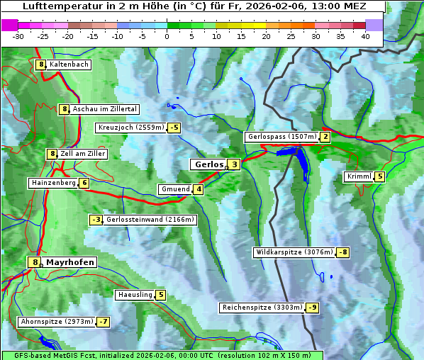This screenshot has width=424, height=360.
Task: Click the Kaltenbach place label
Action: tap(69, 64)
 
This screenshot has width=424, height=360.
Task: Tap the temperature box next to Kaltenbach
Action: tap(41, 64)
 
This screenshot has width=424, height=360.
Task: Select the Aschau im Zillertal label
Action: tap(104, 109)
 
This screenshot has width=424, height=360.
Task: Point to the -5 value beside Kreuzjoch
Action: tap(174, 128)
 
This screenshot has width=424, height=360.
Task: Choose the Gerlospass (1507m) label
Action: tap(281, 137)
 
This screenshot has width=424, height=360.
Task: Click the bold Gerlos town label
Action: tap(208, 164)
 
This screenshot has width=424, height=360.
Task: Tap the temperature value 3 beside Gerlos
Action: tap(234, 164)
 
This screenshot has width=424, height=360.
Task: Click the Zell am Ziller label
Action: tap(82, 154)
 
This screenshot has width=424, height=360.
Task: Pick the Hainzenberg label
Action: tap(52, 183)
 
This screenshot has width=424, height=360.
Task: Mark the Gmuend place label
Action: tap(175, 189)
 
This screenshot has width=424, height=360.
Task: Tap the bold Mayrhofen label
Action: tap(69, 262)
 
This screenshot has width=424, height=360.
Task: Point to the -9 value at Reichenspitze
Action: tap(312, 308)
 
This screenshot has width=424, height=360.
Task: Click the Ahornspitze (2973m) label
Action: tap(57, 322)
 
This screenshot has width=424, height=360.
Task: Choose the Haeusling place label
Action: tap(134, 295)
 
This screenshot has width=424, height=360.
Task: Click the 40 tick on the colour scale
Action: tap(365, 35)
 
